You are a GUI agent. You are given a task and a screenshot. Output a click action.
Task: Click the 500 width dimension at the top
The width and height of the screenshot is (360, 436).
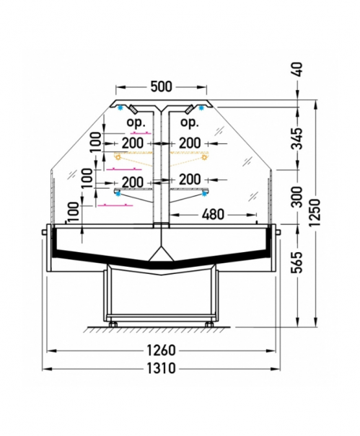pyautogui.click(x=161, y=86)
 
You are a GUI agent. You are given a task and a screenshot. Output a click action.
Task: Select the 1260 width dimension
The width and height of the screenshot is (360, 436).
pyautogui.click(x=161, y=350)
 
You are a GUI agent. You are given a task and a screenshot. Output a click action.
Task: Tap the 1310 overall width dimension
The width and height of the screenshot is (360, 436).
pyautogui.click(x=161, y=368)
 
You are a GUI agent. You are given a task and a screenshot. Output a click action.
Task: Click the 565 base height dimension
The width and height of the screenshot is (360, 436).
pyautogui.click(x=297, y=262)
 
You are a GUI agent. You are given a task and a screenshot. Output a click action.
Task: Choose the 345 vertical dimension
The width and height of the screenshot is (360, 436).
pyautogui.click(x=297, y=139)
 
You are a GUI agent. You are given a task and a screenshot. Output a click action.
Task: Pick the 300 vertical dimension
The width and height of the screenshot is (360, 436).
pyautogui.click(x=297, y=197)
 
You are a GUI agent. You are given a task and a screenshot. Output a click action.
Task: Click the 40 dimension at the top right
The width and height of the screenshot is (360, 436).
pyautogui.click(x=297, y=69)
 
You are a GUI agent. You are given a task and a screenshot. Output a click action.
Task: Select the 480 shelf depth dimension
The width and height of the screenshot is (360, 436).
pyautogui.click(x=213, y=214)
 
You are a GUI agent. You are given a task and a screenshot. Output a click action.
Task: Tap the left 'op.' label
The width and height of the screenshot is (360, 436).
pyautogui.click(x=136, y=123)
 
